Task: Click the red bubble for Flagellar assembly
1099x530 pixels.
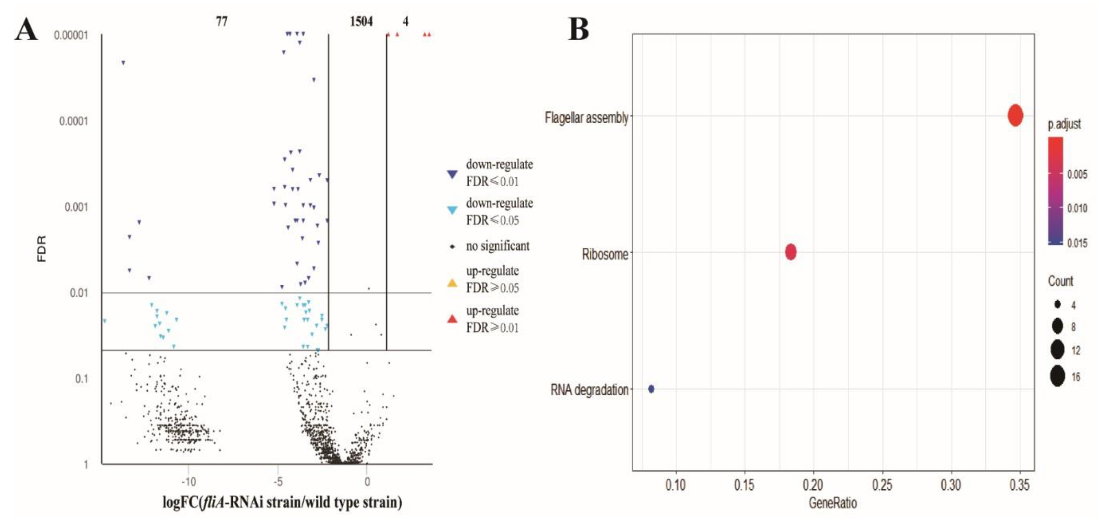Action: [x=1016, y=115]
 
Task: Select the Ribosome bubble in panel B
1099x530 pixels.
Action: [x=791, y=252]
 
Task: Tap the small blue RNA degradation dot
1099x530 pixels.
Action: [x=651, y=389]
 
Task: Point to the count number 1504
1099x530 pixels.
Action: [x=361, y=21]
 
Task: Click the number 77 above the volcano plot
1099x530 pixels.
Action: [x=221, y=21]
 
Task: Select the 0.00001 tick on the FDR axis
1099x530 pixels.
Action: [x=71, y=35]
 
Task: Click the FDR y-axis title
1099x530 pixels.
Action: [x=42, y=249]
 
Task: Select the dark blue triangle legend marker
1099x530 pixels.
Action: [x=452, y=174]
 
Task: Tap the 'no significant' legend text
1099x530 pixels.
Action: [x=497, y=246]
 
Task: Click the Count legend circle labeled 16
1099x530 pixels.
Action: [x=1057, y=376]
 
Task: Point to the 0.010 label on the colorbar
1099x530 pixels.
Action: [x=1077, y=208]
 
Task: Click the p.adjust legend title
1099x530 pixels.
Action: [x=1064, y=124]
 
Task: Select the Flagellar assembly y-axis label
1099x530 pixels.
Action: [x=586, y=117]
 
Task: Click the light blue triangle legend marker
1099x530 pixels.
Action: [x=452, y=210]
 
